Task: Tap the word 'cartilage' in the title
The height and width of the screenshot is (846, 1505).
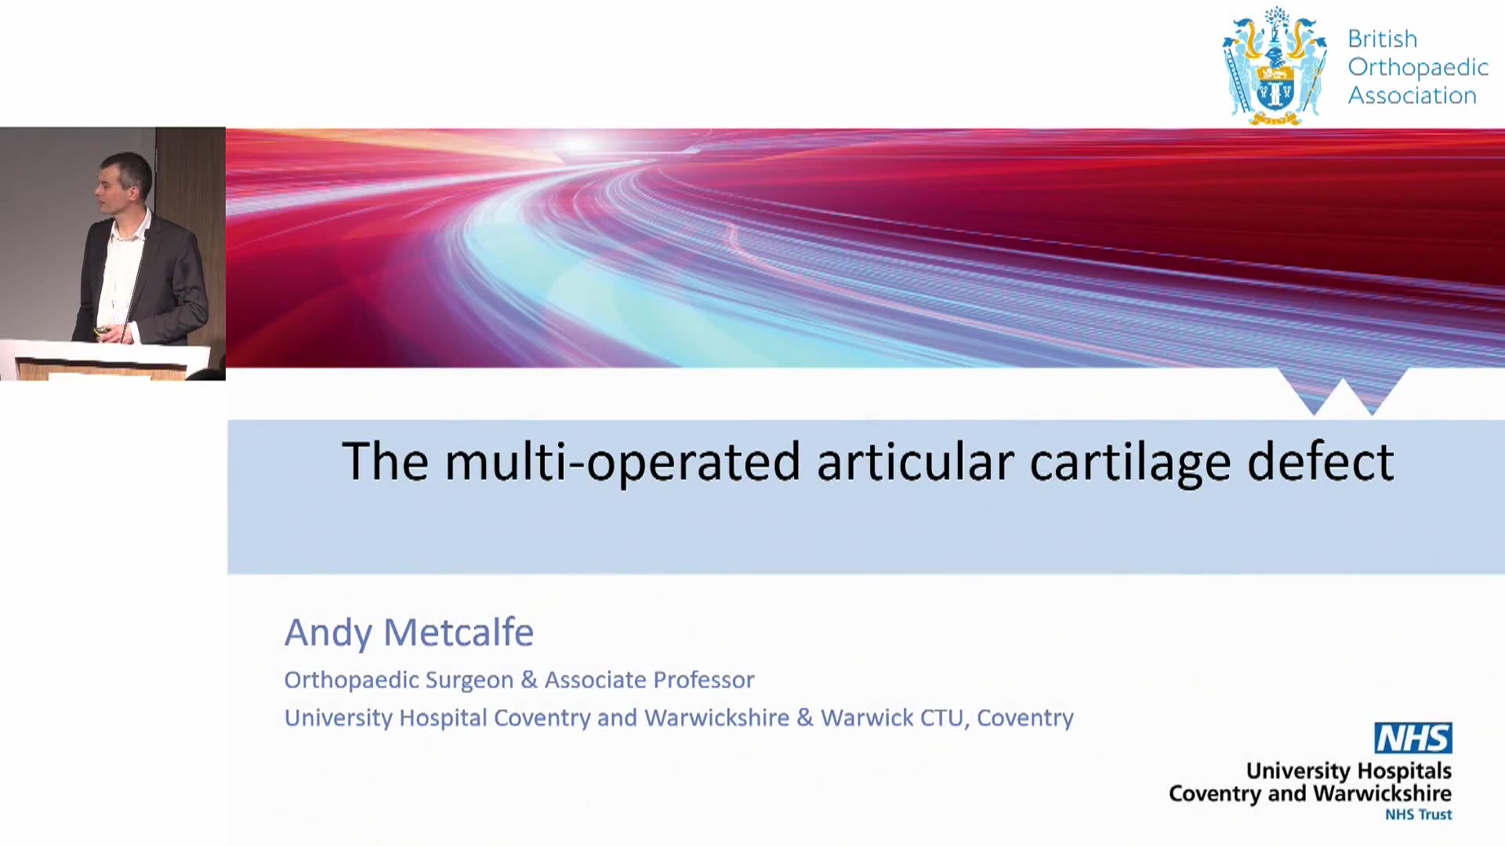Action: pos(1130,461)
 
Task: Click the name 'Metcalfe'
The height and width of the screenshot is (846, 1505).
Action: pos(459,632)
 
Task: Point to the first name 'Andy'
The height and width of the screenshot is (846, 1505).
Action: pos(328,633)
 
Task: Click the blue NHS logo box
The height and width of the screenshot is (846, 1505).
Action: pos(1413,738)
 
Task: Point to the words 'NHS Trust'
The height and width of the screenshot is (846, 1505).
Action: pos(1418,815)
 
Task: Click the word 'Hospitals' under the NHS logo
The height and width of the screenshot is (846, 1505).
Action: pos(1404,772)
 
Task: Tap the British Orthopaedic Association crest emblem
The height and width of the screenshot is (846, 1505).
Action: pos(1275,66)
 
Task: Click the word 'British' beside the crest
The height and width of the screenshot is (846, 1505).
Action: pos(1383,38)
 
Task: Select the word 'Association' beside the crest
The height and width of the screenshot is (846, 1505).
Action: pos(1413,96)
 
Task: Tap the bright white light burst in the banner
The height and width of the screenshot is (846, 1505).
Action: pos(578,143)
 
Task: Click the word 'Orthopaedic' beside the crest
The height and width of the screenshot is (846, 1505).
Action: pos(1418,68)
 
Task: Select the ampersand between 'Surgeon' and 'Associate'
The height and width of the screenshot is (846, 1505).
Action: pos(529,680)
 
